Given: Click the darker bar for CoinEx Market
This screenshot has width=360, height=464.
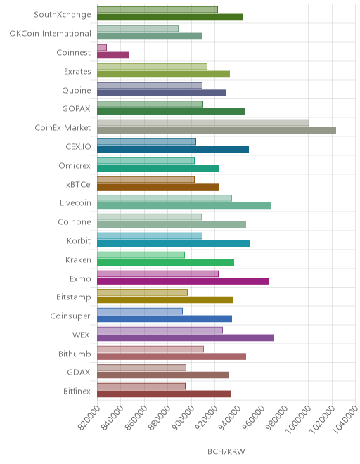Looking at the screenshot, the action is coord(217,130).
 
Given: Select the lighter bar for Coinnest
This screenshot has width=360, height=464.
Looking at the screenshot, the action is coord(102,47).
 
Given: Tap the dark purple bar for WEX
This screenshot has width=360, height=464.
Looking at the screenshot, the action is coord(186,337).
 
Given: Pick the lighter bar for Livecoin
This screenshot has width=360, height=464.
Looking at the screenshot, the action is coord(165,198).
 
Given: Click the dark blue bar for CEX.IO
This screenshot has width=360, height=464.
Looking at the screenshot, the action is coord(173,149).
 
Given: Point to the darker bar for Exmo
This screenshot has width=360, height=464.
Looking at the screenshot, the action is coord(184,281).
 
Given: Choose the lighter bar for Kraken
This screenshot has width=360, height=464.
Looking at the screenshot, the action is coord(141,254).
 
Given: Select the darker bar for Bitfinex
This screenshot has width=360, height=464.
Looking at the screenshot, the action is coord(164,394).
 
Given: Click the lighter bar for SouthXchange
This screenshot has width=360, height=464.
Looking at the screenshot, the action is coord(157,9).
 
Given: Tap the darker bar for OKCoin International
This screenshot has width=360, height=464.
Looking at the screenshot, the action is coord(150,36).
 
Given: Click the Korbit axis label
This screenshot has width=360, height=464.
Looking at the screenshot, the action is coord(79,240).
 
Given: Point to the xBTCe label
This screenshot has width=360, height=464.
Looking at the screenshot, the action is coord(78,184).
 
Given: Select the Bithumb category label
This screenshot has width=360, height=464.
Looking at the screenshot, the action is coord(75,354).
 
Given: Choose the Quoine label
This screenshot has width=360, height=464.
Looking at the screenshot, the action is coord(77,90).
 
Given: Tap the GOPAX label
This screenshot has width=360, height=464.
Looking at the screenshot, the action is coord(76,109).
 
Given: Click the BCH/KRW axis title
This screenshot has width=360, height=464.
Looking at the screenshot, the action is coord(226,451).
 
